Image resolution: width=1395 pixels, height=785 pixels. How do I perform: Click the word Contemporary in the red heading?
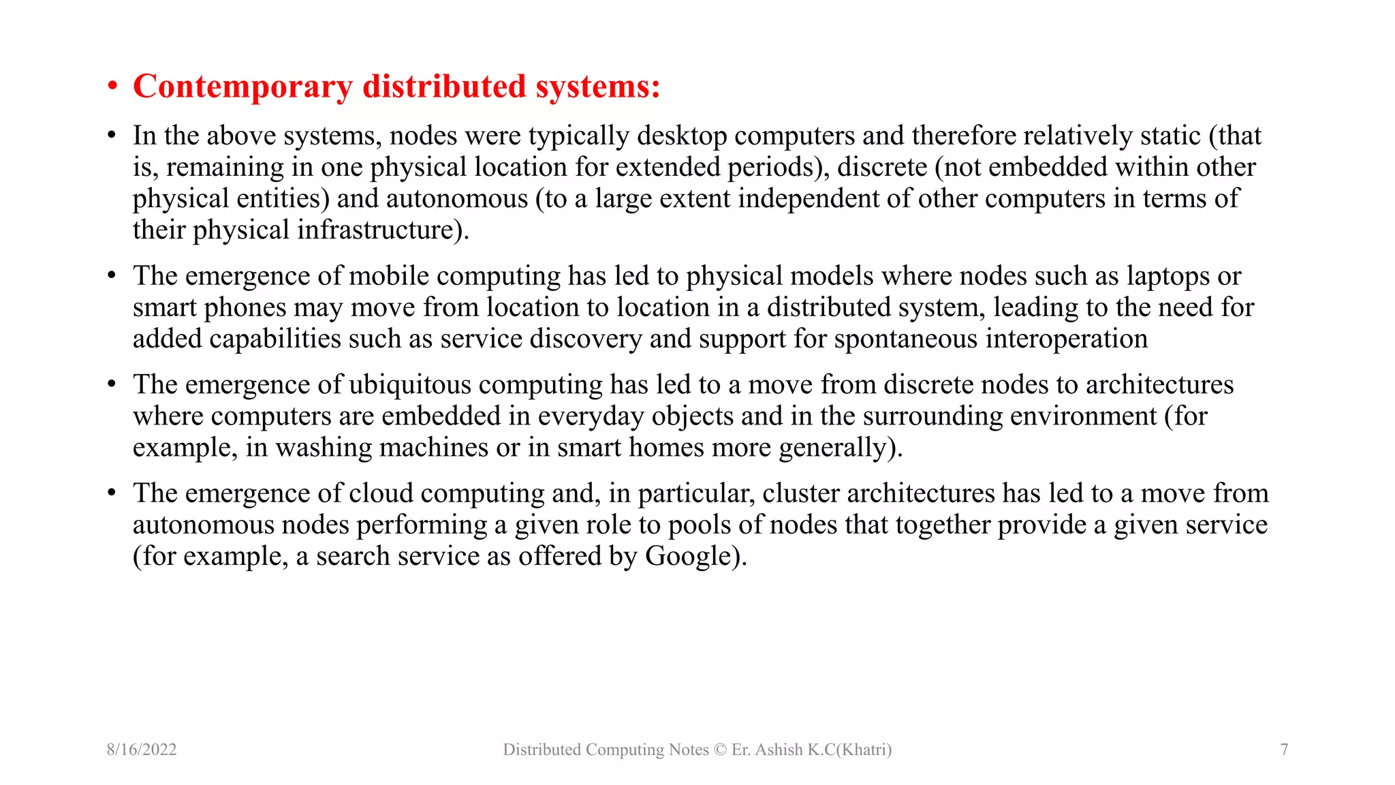(x=242, y=87)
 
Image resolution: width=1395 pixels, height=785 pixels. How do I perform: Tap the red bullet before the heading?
(x=112, y=87)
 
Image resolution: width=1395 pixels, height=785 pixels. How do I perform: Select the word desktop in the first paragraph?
(x=682, y=136)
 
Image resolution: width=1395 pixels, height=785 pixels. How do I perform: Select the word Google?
(x=688, y=556)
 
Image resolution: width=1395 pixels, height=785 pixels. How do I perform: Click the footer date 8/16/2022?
(x=142, y=750)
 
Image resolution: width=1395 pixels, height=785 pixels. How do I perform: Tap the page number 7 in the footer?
(x=1284, y=750)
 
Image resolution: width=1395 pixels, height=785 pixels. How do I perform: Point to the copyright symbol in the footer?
(x=720, y=750)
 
